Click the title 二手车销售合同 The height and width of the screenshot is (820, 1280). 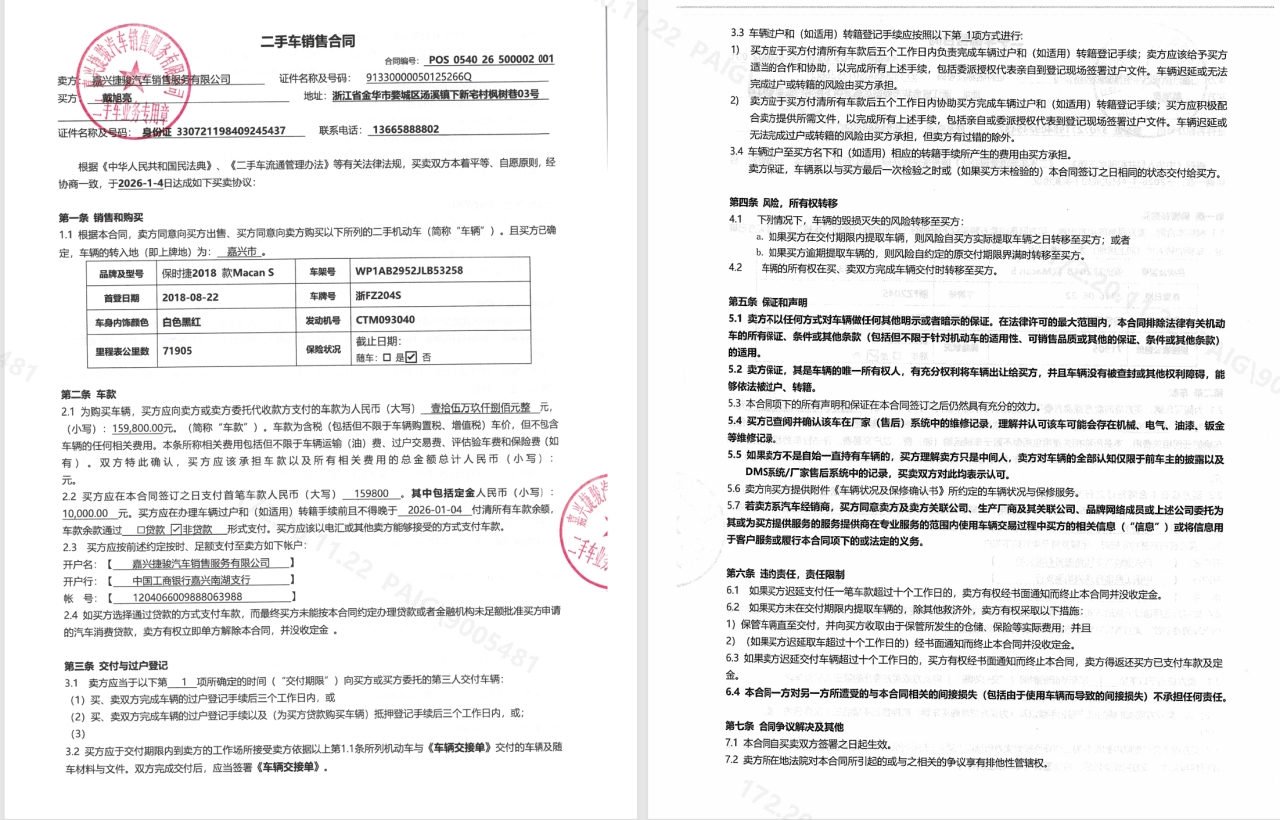pos(307,41)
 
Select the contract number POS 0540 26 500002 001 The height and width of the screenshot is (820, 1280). pos(490,60)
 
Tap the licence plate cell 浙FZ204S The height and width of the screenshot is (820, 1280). pos(378,296)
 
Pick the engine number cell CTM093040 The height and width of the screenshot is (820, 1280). pos(385,321)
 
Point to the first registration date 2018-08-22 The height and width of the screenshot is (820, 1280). pos(190,296)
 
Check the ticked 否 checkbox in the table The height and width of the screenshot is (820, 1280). pos(411,357)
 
